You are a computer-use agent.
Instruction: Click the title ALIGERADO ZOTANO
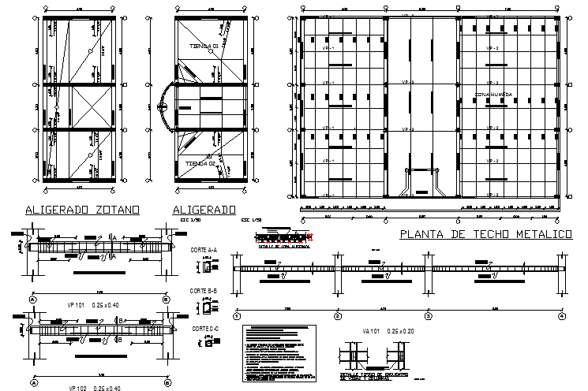tap(83, 210)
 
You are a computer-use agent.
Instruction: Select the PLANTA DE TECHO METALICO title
tap(485, 234)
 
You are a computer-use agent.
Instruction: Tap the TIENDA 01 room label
tap(204, 47)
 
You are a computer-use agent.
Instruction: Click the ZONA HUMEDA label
tap(493, 94)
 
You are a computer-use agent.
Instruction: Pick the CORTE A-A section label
tap(204, 249)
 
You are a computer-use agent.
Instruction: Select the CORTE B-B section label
tap(204, 291)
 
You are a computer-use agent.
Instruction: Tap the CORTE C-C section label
tap(204, 328)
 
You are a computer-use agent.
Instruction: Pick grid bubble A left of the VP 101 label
tap(33, 300)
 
